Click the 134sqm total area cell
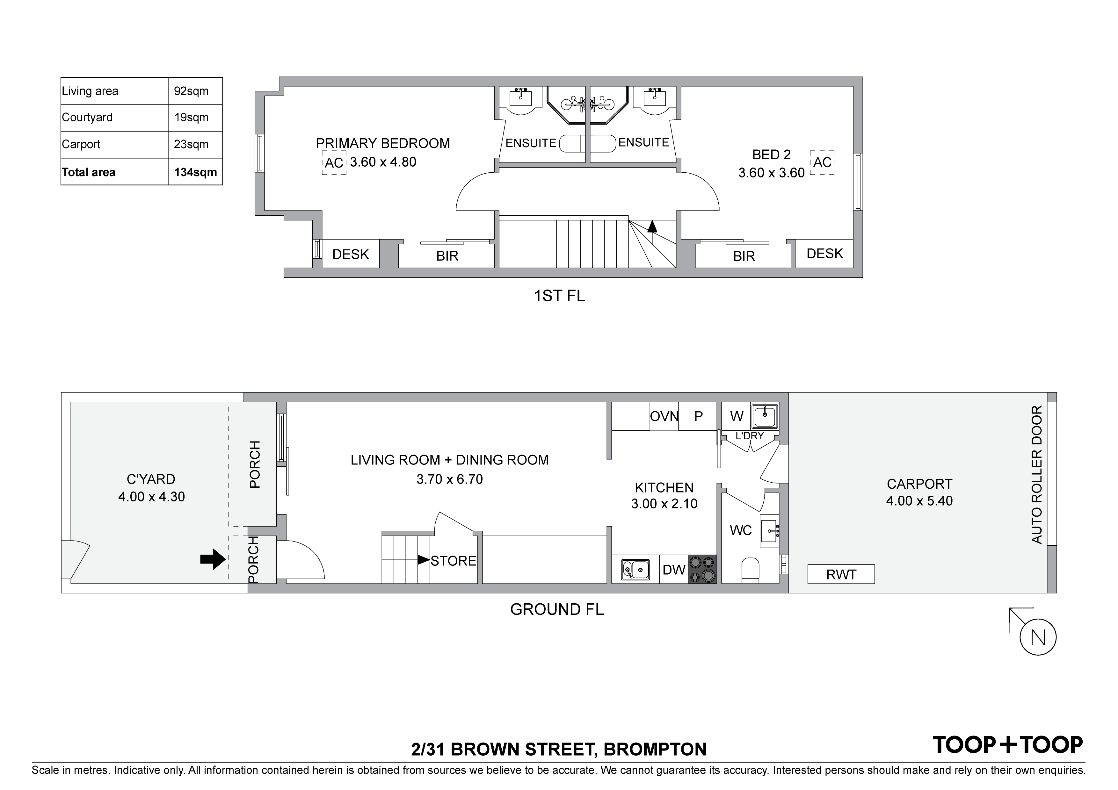[x=195, y=172]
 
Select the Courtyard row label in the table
[x=87, y=117]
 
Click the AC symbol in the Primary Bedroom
[x=334, y=162]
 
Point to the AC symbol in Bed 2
[x=823, y=162]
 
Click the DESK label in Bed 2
[x=825, y=254]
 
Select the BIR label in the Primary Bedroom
[x=447, y=256]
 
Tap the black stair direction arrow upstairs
[x=652, y=226]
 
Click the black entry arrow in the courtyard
[x=213, y=560]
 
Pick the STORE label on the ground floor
[x=453, y=561]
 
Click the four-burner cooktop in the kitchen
[x=702, y=570]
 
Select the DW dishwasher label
[x=674, y=570]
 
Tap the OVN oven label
[x=664, y=416]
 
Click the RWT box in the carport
[x=841, y=574]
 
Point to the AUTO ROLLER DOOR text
[x=1037, y=475]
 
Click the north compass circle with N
[x=1038, y=637]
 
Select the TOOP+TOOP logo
[x=1007, y=745]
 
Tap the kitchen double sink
[x=635, y=570]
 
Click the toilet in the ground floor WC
[x=750, y=571]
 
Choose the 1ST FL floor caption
[x=560, y=296]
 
